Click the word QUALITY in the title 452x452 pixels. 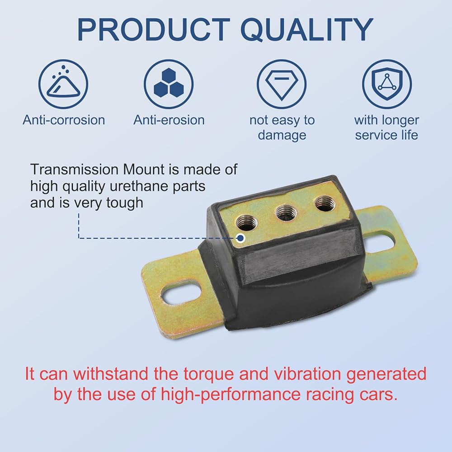[x=307, y=30]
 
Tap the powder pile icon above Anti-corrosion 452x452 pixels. [x=63, y=84]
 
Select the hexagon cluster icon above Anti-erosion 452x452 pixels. [x=169, y=84]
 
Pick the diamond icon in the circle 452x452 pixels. [x=282, y=84]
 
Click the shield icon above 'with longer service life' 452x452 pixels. [x=387, y=84]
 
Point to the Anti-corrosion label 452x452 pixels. [x=64, y=120]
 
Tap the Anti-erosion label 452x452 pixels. [x=169, y=120]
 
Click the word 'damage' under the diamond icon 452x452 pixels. [x=282, y=135]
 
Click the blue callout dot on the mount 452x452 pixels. [x=240, y=238]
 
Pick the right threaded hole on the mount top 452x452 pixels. [x=325, y=204]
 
